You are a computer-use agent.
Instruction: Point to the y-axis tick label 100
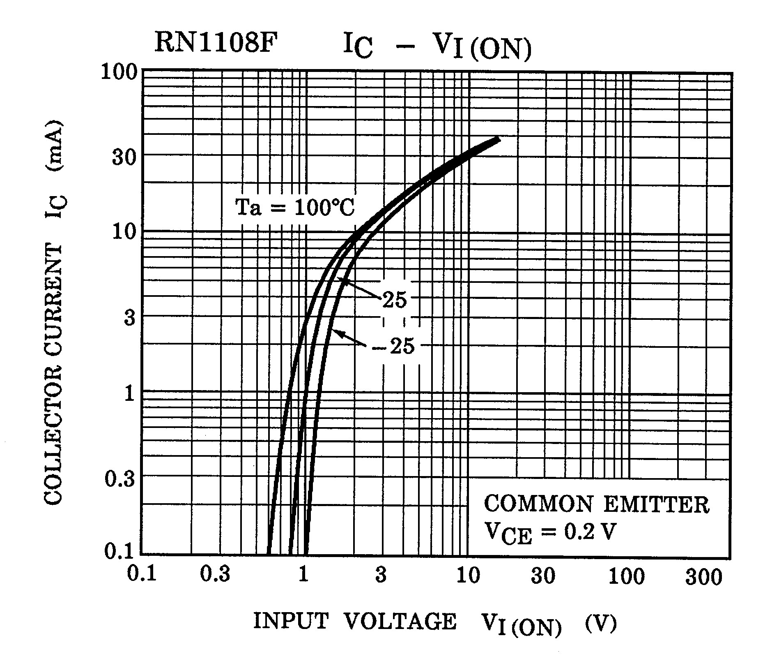[x=119, y=74]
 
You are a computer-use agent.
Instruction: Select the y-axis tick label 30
[x=124, y=158]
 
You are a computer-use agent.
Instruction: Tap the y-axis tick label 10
[x=124, y=233]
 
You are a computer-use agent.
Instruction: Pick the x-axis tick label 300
[x=703, y=578]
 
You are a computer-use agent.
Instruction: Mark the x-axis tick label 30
[x=543, y=576]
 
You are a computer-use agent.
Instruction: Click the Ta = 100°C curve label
[x=294, y=208]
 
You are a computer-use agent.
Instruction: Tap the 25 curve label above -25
[x=395, y=301]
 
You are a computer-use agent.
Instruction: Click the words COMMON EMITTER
[x=597, y=505]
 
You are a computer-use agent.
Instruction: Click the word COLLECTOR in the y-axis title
[x=53, y=452]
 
